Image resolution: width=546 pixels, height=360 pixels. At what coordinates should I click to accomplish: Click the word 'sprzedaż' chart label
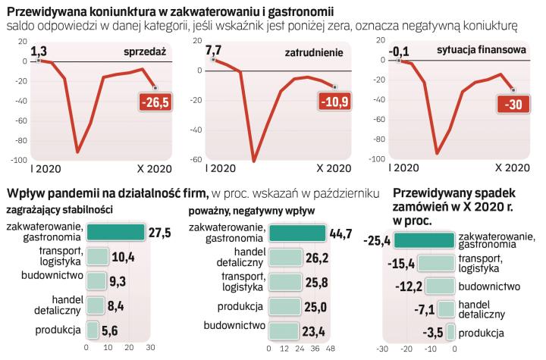(x=143, y=52)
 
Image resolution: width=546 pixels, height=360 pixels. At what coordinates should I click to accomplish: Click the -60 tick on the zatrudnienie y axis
(x=195, y=160)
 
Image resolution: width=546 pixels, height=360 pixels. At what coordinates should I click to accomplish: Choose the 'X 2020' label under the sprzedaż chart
(x=155, y=168)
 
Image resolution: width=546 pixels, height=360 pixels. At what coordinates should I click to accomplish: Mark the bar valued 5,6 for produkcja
(x=93, y=329)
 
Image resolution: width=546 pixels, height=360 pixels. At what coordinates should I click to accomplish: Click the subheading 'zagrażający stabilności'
(x=59, y=209)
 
